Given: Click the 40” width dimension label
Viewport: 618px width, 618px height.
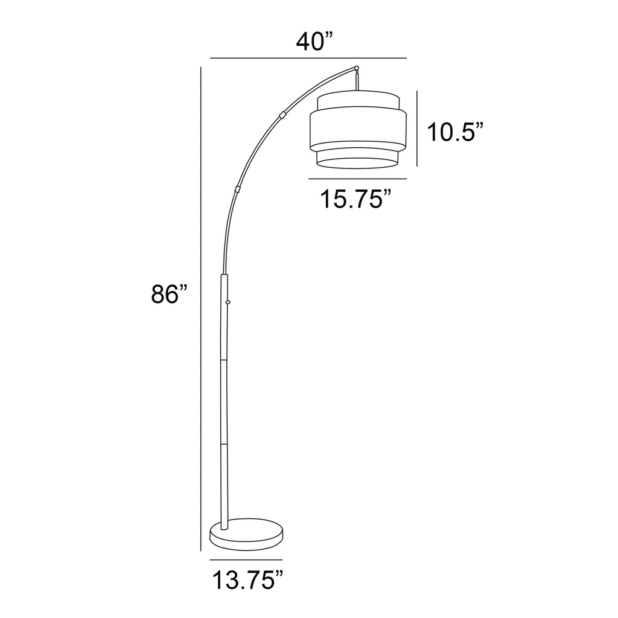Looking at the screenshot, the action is click(x=314, y=42).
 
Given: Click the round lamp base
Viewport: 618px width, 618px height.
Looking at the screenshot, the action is click(x=246, y=535).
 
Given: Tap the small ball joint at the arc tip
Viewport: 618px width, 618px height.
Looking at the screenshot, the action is click(x=357, y=68).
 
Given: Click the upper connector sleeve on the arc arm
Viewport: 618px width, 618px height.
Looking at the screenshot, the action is click(x=282, y=115).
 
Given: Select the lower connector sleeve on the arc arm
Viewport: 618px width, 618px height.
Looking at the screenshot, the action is click(x=237, y=189).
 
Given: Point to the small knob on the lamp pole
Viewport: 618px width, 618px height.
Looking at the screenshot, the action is click(x=228, y=302).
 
